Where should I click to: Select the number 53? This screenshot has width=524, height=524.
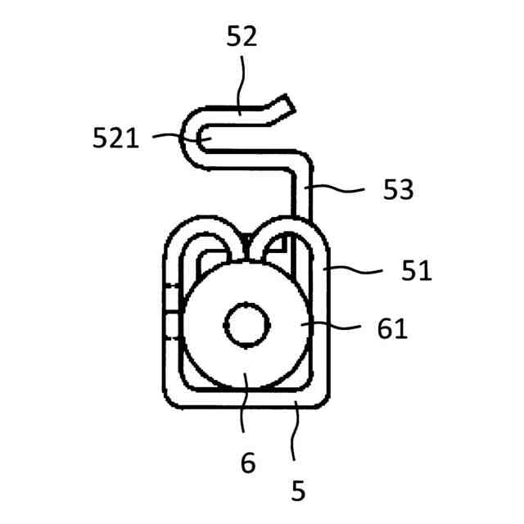point(398,190)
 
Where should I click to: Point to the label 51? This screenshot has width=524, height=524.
point(416,269)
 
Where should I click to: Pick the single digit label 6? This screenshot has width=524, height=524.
point(248,463)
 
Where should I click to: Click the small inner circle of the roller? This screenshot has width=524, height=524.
point(246,325)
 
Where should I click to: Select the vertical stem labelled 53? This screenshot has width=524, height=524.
point(305,196)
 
